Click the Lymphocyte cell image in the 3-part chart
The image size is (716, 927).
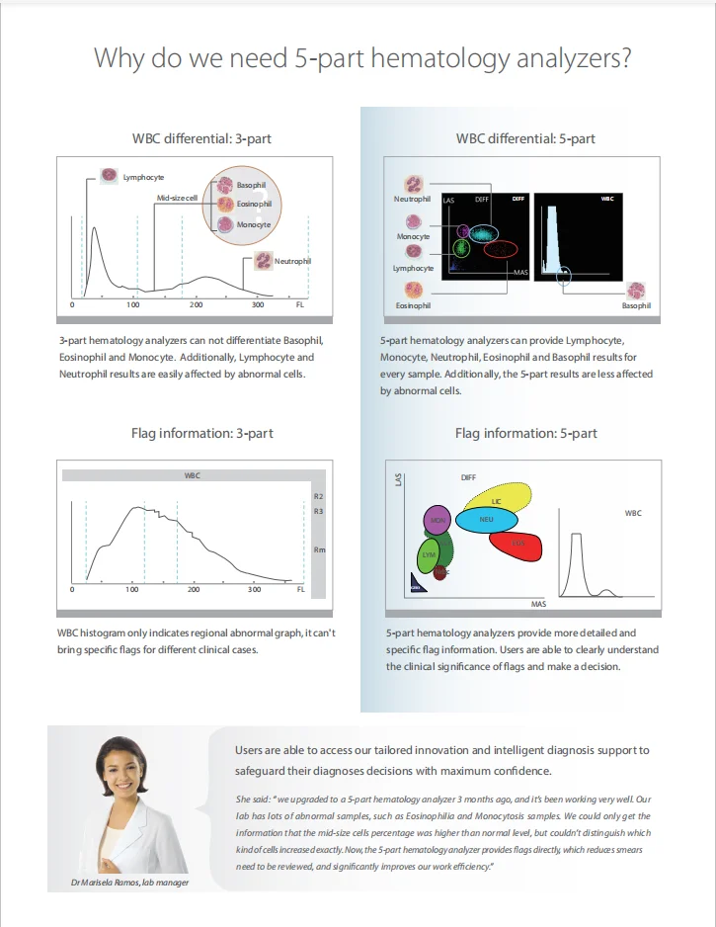click(109, 176)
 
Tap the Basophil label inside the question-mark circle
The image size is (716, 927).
click(251, 186)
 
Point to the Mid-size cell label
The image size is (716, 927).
click(177, 199)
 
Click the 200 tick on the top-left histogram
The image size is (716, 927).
click(196, 305)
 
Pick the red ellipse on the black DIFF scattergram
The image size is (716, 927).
click(500, 250)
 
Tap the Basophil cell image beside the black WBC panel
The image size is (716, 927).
click(636, 292)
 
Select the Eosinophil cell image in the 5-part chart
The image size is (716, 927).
click(414, 291)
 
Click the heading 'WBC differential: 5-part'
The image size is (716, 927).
click(525, 138)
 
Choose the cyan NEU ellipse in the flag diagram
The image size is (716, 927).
click(486, 519)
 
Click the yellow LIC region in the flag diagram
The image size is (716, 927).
click(499, 499)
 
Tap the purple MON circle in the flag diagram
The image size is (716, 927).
click(436, 519)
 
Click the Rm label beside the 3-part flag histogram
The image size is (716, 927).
click(317, 549)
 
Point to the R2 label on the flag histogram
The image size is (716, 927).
click(317, 495)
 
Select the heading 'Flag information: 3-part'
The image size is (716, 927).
click(202, 433)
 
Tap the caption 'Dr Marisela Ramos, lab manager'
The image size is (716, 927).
click(129, 882)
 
